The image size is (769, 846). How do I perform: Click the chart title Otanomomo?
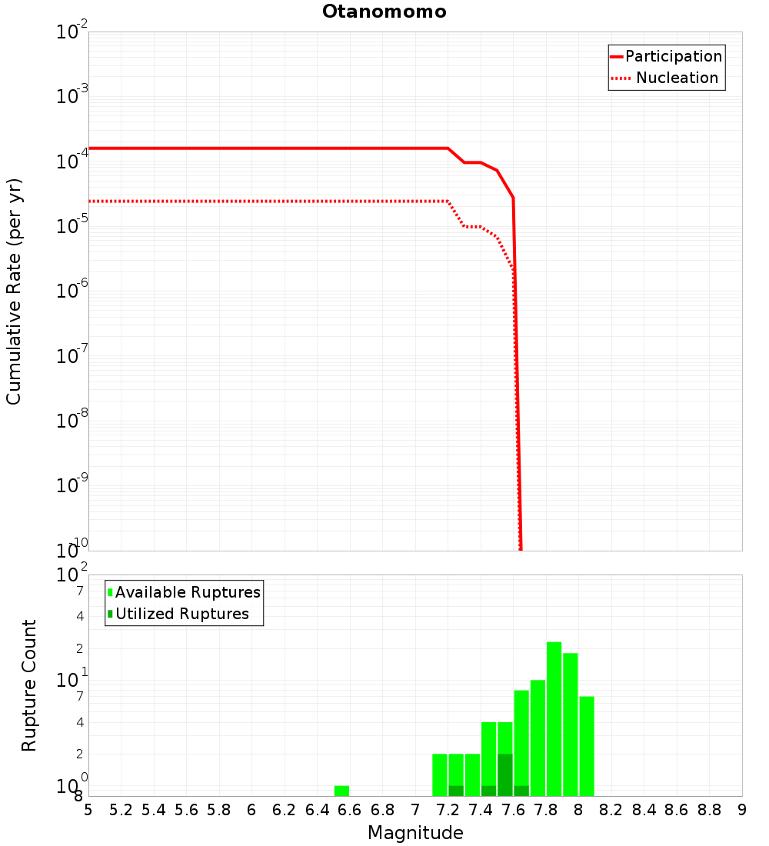(x=384, y=12)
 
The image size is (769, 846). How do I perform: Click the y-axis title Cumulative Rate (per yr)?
(x=14, y=291)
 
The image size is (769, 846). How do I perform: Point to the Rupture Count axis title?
(x=29, y=685)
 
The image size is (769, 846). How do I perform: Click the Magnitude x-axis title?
(x=415, y=833)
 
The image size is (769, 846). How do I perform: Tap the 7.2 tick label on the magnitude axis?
(x=448, y=809)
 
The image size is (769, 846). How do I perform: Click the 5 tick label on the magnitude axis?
(x=88, y=809)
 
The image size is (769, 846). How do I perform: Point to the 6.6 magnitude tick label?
(x=350, y=809)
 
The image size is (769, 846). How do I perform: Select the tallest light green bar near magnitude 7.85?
(x=554, y=718)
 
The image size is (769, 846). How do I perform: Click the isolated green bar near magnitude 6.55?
(x=341, y=791)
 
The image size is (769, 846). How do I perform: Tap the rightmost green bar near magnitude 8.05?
(x=587, y=746)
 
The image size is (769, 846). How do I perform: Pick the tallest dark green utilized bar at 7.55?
(x=504, y=775)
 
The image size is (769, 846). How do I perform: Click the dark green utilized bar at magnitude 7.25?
(x=456, y=791)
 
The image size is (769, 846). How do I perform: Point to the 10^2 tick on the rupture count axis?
(x=71, y=575)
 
